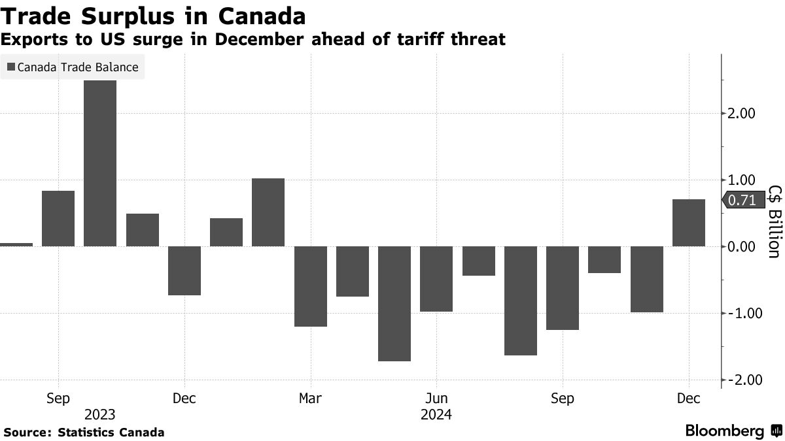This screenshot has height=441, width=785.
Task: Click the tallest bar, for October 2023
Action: coord(100,163)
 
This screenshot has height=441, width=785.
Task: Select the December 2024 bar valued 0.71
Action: coord(689,223)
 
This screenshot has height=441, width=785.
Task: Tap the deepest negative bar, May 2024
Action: coord(394,303)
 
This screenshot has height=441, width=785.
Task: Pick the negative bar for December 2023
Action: coord(184,270)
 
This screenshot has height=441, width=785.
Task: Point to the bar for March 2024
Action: coord(311,286)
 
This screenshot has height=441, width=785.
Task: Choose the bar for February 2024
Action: coord(268,212)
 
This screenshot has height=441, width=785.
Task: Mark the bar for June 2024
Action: coord(436,279)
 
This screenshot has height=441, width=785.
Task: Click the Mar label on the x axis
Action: coord(310,399)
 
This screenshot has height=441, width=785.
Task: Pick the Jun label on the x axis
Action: coord(436,399)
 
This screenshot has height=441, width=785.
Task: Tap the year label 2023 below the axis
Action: coord(100,415)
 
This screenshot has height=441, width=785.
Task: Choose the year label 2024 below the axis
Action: coord(436,415)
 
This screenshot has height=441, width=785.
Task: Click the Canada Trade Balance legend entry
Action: coord(73,67)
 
